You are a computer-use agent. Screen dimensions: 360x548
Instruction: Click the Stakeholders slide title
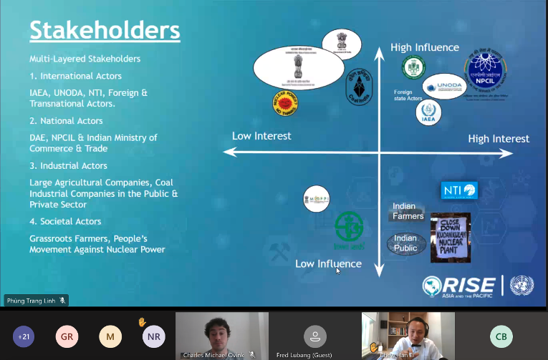(105, 31)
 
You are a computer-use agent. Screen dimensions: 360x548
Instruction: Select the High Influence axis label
(425, 47)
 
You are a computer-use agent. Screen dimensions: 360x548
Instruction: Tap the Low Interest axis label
(261, 135)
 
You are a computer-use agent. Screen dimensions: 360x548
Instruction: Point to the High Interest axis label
(499, 138)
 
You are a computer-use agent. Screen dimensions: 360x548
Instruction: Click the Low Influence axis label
(328, 263)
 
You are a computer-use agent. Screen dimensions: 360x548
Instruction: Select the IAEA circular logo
(428, 112)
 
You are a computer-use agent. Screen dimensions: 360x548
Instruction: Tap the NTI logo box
(459, 190)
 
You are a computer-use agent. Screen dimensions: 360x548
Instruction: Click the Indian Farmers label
(408, 211)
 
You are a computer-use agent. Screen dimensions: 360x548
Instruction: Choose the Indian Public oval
(405, 243)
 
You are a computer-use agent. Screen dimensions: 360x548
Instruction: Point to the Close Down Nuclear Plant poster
(450, 237)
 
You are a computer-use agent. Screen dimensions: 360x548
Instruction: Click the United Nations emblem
(521, 285)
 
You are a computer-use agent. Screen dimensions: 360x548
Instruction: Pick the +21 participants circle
(24, 336)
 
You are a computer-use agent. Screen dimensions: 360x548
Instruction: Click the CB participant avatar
(501, 336)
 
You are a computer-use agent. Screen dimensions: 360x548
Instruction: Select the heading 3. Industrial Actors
(69, 166)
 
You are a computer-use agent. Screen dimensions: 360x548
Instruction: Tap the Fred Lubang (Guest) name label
(303, 354)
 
